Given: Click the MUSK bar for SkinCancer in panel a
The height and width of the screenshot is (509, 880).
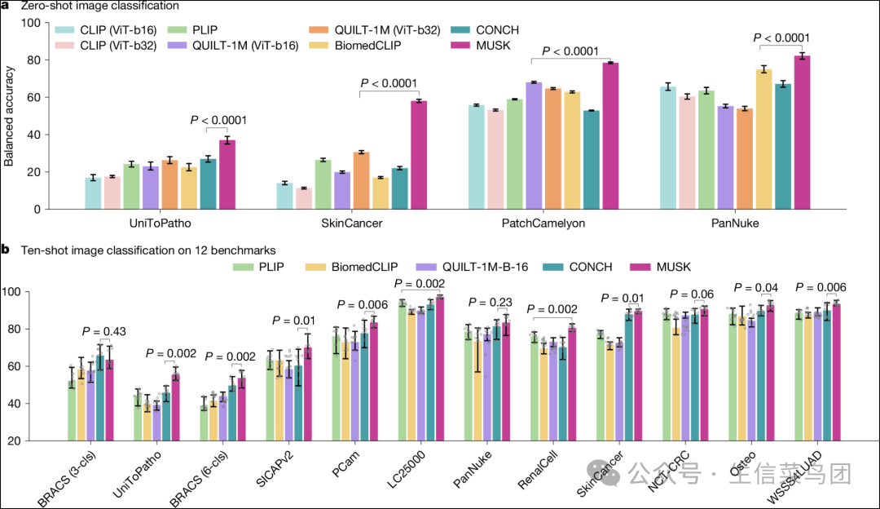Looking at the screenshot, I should pos(419,155).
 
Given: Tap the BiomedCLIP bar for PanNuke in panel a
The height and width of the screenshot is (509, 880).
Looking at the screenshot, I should pos(763,139).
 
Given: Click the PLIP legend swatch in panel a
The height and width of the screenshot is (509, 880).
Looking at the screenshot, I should pos(175,30).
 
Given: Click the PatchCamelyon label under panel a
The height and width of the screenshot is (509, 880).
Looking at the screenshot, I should pos(553,221).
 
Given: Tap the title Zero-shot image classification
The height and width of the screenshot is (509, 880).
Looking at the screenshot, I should pos(100,7).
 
